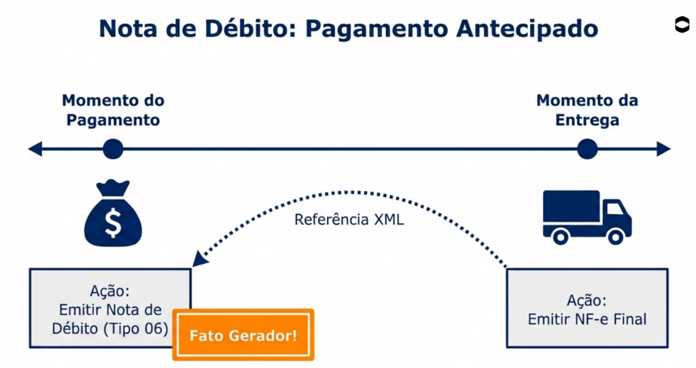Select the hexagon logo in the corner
pos(681,24)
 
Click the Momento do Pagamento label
pos(114,110)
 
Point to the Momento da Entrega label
pos(587,110)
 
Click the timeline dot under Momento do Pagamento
pos(113,149)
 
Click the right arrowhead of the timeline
pos(664,149)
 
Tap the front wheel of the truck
pos(615,236)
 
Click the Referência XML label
pos(349,220)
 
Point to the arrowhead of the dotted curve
pos(198,260)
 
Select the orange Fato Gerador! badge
pos(243,335)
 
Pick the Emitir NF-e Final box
pos(587,309)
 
